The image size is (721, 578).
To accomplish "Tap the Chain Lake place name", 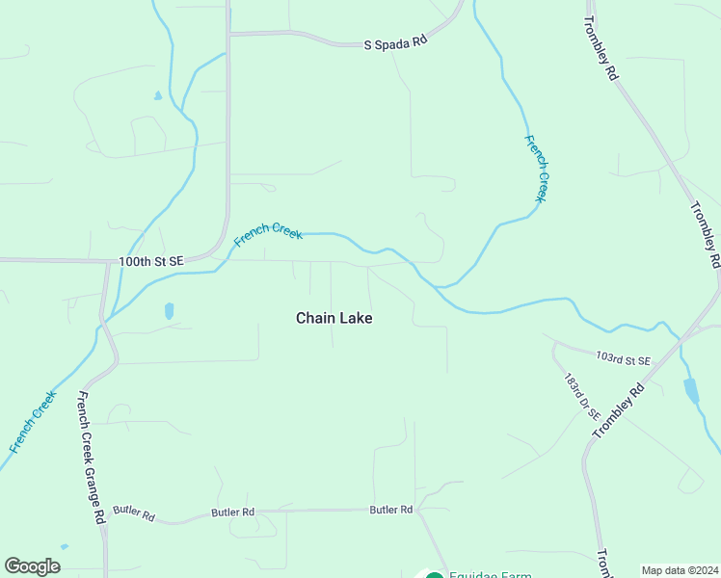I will click(x=334, y=318).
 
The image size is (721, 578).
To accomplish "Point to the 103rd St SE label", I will click(x=624, y=359).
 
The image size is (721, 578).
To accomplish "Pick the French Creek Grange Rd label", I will click(x=92, y=457).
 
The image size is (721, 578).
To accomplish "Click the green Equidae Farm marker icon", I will click(x=435, y=575).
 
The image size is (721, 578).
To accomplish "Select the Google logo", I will click(x=32, y=566).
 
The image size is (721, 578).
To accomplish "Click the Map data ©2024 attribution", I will click(x=680, y=570).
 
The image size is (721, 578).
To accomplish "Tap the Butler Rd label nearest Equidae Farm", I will click(x=391, y=510).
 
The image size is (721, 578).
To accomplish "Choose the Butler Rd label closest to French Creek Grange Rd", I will click(x=133, y=514).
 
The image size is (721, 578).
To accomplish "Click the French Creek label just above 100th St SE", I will click(x=269, y=234).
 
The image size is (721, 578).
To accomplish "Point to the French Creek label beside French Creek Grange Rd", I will click(x=34, y=421).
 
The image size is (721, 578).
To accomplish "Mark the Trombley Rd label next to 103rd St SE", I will click(x=618, y=411).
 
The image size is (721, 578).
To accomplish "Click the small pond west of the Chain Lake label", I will click(x=170, y=310).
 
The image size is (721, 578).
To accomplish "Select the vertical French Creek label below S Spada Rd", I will click(x=536, y=168).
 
